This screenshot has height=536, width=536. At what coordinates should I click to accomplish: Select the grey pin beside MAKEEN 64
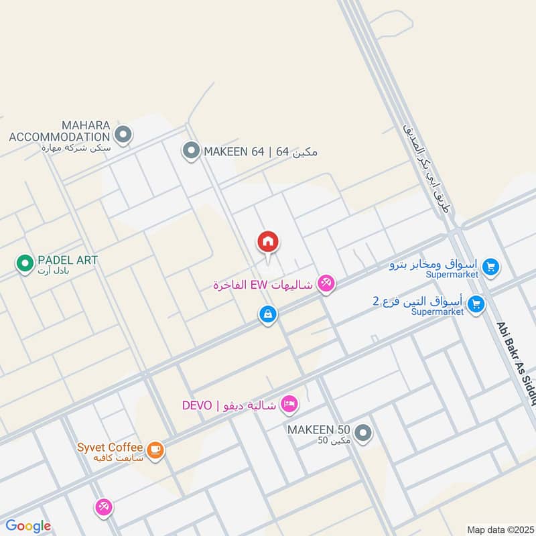click(x=192, y=151)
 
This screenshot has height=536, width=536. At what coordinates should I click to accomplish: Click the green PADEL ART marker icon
click(x=25, y=263)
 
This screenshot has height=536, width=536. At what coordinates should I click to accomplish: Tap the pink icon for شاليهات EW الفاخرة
click(x=326, y=284)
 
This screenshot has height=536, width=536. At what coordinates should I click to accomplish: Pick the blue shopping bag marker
click(x=268, y=314)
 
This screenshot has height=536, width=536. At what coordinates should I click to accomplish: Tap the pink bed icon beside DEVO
click(x=289, y=404)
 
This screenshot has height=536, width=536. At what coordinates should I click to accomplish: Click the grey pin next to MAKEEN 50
click(x=364, y=433)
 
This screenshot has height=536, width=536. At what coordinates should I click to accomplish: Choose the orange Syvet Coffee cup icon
click(x=155, y=451)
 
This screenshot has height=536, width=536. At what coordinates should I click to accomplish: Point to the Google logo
click(x=28, y=526)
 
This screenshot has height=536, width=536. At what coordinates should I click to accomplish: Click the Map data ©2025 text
click(x=499, y=529)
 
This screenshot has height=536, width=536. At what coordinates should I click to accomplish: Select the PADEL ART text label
click(x=68, y=260)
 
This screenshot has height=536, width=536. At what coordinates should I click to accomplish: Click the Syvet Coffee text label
click(x=109, y=447)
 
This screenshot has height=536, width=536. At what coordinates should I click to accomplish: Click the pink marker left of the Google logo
click(x=103, y=507)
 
